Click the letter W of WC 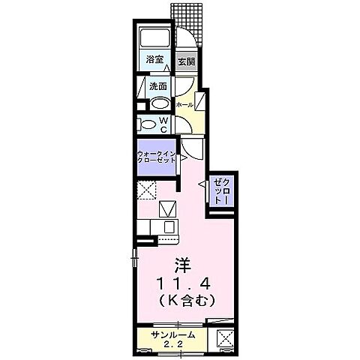[164, 119]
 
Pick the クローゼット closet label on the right [222, 192]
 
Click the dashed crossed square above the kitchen [147, 190]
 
